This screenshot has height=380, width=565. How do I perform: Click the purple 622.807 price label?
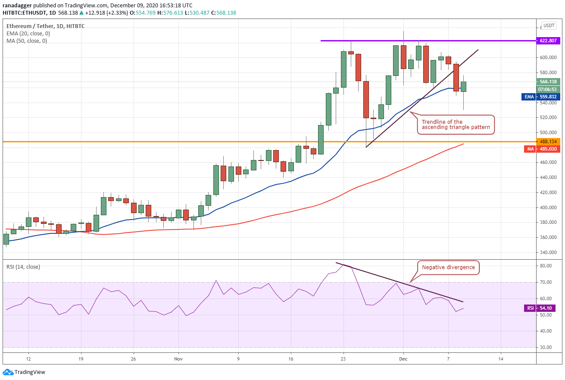(548, 41)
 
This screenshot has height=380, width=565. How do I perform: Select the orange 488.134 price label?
(548, 141)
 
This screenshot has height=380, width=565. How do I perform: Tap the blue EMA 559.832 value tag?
(540, 97)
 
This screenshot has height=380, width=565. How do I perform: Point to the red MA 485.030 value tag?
(542, 149)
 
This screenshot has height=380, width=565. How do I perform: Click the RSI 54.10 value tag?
(542, 308)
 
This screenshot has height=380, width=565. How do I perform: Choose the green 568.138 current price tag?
(548, 82)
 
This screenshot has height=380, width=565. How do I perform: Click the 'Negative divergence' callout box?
(448, 267)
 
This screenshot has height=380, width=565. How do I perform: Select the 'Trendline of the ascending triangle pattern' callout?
(456, 125)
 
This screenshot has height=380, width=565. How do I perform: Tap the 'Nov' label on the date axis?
(178, 359)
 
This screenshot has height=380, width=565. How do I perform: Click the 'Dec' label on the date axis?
(403, 359)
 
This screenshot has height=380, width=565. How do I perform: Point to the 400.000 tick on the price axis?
(548, 207)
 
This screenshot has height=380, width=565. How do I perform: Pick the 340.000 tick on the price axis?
(548, 252)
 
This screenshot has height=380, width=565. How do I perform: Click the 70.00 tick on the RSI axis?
(545, 282)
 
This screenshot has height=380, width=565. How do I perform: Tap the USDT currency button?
(549, 25)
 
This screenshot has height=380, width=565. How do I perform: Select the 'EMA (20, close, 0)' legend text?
(28, 34)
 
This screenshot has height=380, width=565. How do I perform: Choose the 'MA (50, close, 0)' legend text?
(27, 41)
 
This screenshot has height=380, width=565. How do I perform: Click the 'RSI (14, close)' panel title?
(23, 267)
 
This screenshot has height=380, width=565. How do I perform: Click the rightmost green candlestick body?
(463, 87)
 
